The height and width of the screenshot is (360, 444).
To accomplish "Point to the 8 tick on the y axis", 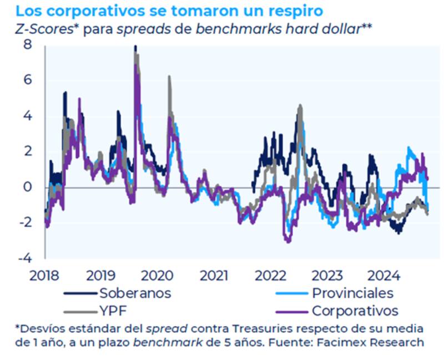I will (27, 45).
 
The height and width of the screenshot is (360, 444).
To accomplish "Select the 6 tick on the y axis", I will (27, 80).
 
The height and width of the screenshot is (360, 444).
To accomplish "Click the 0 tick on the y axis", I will (27, 187).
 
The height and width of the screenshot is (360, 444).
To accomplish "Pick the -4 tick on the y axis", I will (24, 259).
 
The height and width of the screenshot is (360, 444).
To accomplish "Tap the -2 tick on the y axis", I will (24, 223).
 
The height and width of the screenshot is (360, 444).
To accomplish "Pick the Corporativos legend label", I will (355, 310).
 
